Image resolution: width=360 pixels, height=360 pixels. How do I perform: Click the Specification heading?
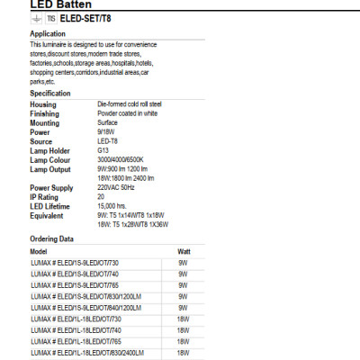click(x=50, y=93)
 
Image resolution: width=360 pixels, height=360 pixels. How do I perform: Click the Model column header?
click(x=39, y=251)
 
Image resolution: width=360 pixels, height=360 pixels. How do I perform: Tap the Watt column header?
click(x=184, y=251)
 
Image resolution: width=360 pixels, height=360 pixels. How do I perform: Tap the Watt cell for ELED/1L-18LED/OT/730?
click(x=183, y=319)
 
